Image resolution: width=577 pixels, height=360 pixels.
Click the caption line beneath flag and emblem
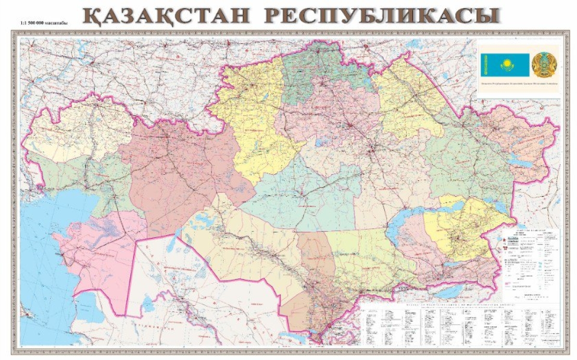click(518, 84)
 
